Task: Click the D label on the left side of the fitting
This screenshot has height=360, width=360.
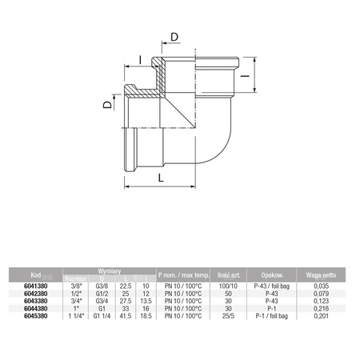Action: click(x=109, y=104)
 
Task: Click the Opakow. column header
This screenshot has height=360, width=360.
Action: click(x=267, y=272)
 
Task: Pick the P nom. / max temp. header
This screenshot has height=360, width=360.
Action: click(x=186, y=272)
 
